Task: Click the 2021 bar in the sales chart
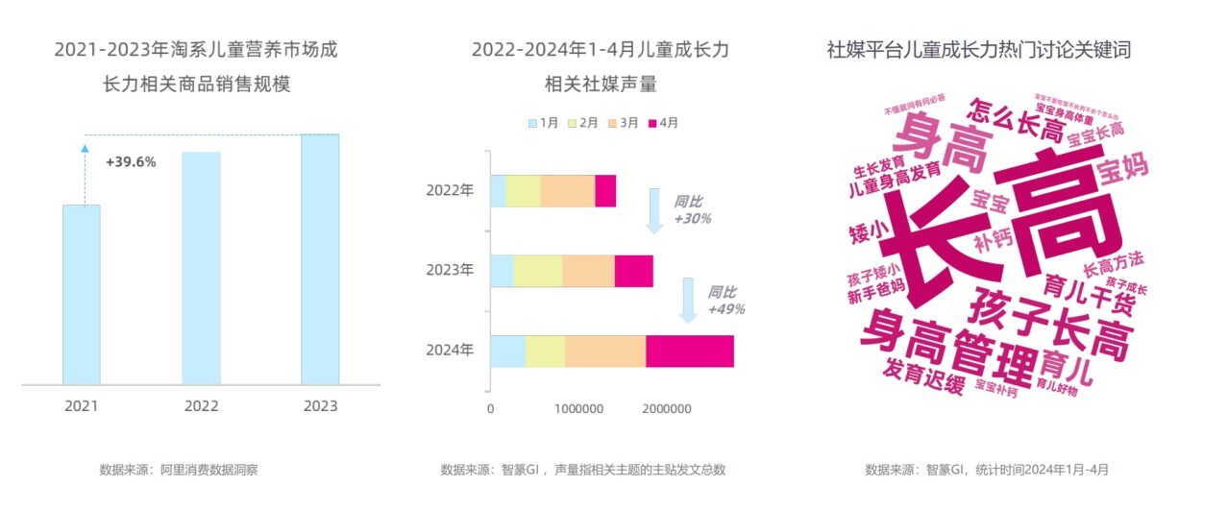point(82,294)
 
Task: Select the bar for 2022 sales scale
point(201,268)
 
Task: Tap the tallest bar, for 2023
point(320,259)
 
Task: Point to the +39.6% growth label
point(131,161)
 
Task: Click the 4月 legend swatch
point(655,123)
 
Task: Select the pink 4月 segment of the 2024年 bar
point(689,351)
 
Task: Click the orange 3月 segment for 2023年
point(588,271)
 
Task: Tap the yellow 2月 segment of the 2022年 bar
point(523,190)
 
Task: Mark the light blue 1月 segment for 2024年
point(507,351)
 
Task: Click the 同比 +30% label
point(692,210)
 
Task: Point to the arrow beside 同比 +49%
point(689,301)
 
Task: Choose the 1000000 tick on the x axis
point(578,409)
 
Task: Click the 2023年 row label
point(450,270)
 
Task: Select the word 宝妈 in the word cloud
point(1122,173)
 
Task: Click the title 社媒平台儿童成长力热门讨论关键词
point(979,50)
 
